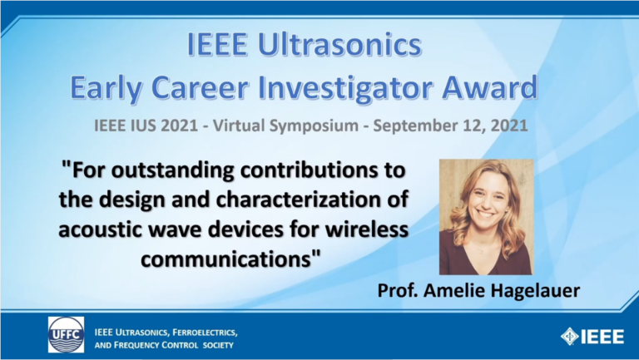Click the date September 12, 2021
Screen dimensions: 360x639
point(457,129)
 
